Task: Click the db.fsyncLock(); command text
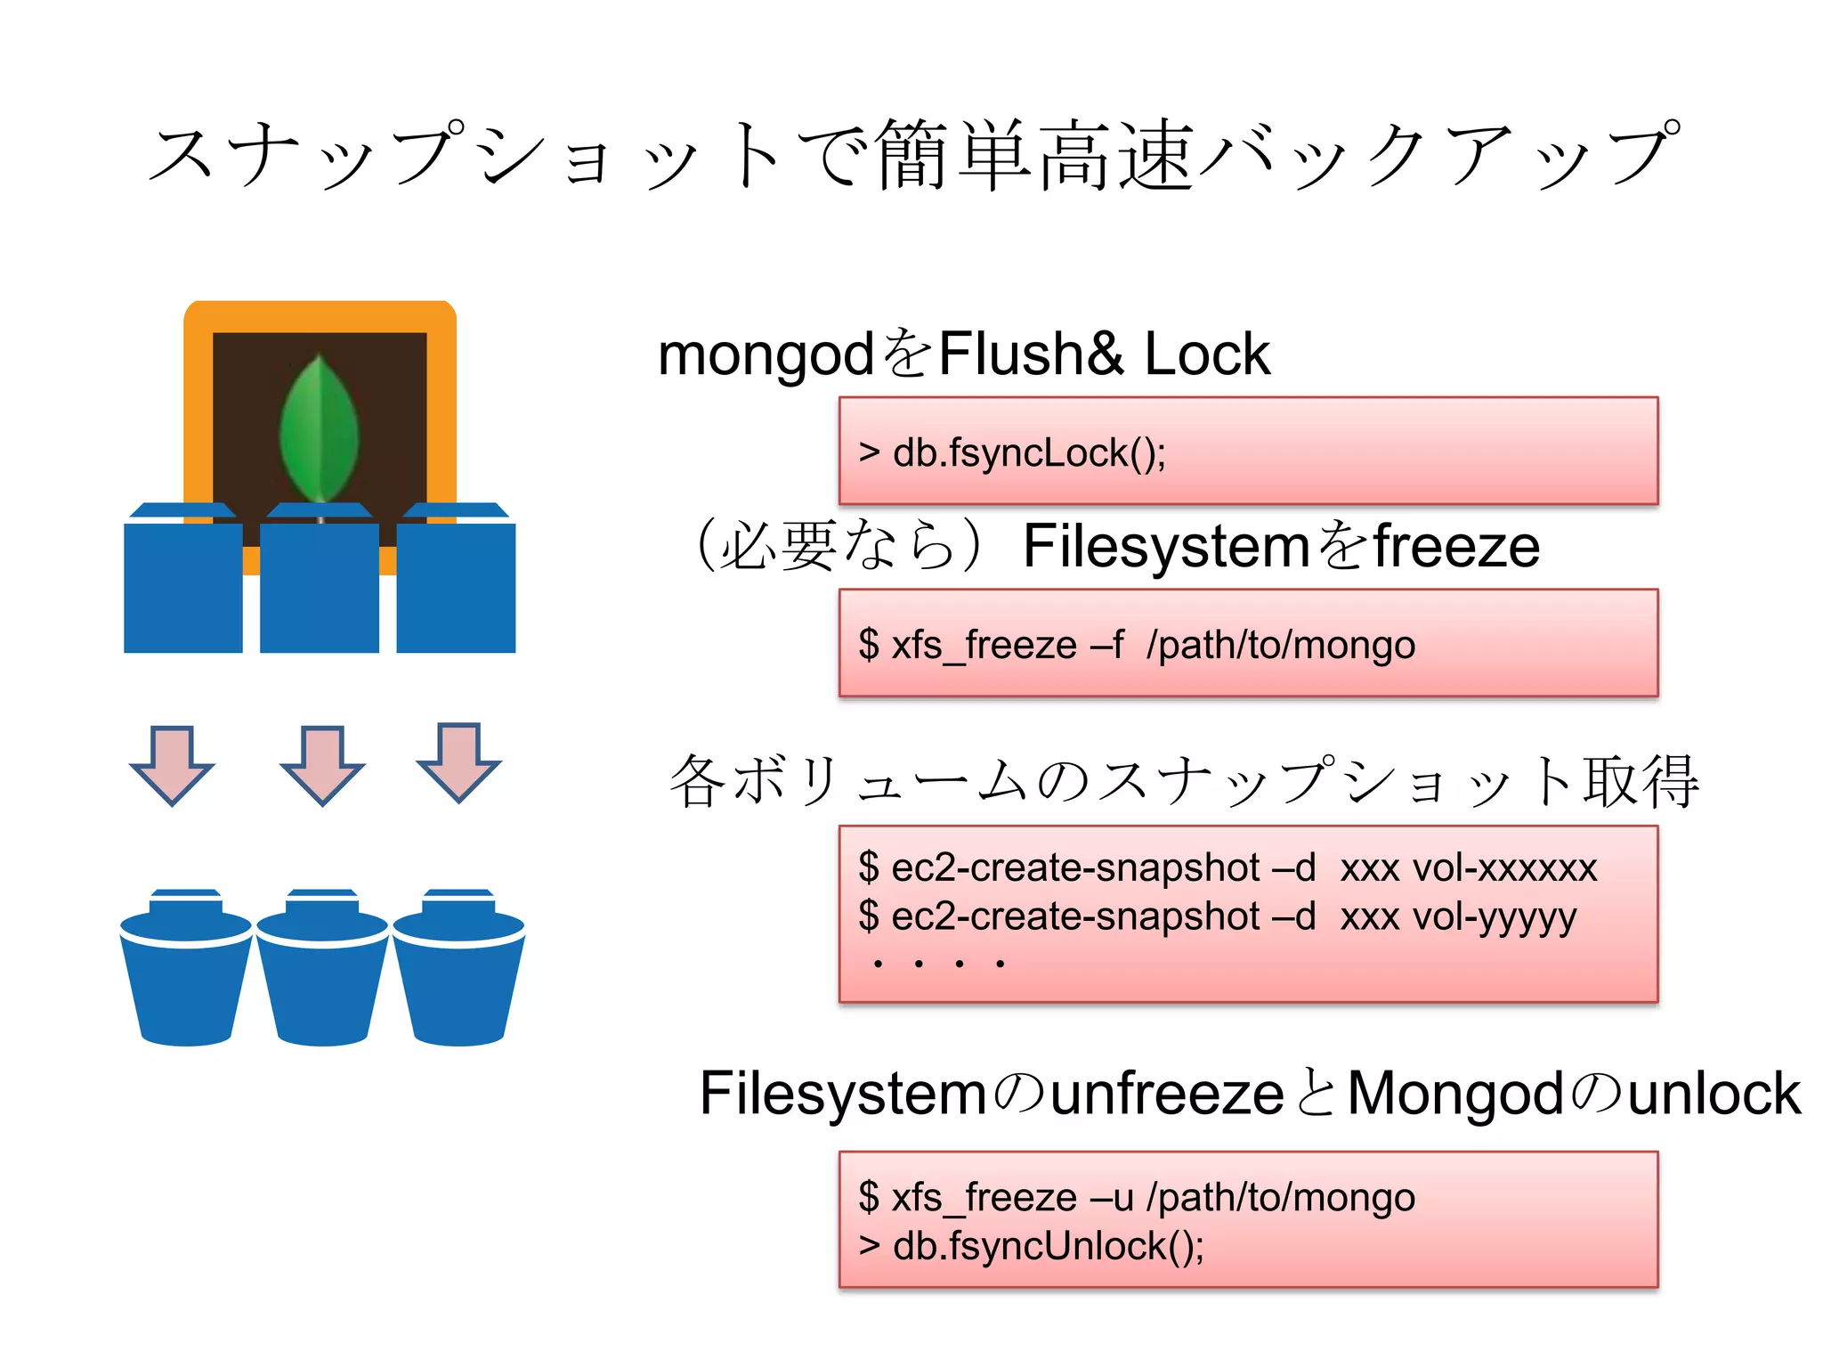(x=1028, y=453)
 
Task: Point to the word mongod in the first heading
(x=766, y=354)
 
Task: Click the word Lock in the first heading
(x=1206, y=354)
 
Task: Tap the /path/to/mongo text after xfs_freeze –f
(x=1280, y=645)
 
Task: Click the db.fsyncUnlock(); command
(x=1048, y=1246)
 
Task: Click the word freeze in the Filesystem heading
(x=1456, y=546)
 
